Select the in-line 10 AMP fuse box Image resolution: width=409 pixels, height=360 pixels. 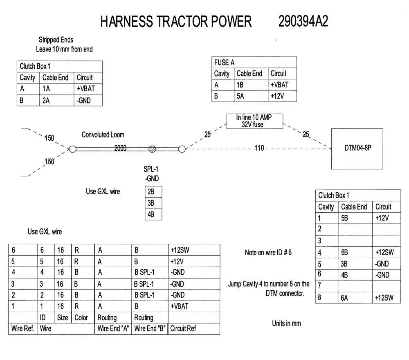[255, 121]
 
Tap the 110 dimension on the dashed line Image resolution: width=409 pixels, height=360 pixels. [258, 148]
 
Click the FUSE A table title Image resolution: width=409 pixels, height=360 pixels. [224, 63]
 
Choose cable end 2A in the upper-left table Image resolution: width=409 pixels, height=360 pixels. [46, 101]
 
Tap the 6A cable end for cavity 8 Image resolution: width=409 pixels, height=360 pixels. [344, 299]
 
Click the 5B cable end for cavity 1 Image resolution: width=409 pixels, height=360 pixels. [344, 218]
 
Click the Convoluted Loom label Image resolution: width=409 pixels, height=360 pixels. [103, 135]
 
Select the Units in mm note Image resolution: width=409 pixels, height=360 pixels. [286, 323]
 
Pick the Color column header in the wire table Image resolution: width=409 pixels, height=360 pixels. [81, 317]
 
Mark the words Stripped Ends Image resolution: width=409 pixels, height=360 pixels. [56, 40]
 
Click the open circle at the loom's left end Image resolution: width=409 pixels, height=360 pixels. [72, 149]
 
